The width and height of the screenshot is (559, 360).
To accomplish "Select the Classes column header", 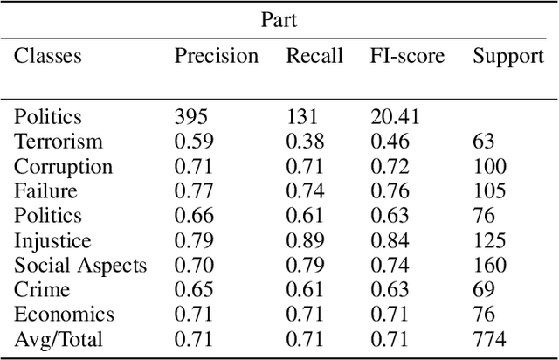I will (47, 57).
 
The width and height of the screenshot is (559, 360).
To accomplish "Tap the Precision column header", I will (217, 57).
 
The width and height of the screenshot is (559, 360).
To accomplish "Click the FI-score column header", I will (406, 57).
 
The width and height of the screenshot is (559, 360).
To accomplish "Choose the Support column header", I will (508, 57).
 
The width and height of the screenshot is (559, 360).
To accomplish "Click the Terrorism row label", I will (59, 142).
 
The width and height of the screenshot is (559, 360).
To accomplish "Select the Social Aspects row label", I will (80, 266).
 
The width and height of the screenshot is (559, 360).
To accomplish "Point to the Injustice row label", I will (52, 240).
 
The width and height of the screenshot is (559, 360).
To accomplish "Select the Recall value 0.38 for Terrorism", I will (303, 142).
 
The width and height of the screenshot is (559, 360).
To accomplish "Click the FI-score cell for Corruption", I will (389, 166).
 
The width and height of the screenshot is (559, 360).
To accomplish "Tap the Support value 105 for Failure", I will (489, 191).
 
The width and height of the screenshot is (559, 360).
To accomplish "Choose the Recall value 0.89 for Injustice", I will (303, 240).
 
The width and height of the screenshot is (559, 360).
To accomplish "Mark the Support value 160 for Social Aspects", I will (489, 266).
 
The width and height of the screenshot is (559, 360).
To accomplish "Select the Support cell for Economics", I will (484, 315).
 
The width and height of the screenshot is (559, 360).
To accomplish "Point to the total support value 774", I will (489, 340).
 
